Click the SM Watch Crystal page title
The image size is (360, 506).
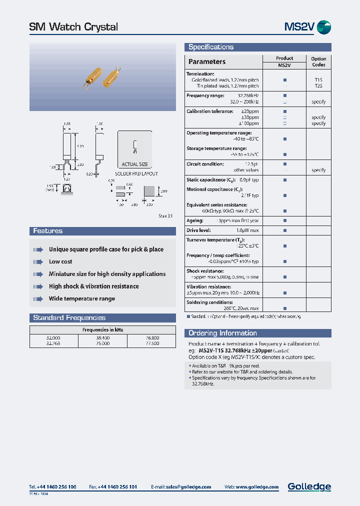tap(74, 27)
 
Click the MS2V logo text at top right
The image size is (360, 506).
tap(299, 27)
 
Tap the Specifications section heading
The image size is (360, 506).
tap(211, 47)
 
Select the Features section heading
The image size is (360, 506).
tap(48, 231)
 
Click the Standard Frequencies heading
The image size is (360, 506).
tap(69, 318)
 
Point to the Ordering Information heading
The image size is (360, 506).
tap(222, 333)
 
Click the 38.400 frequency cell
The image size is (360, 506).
tap(102, 338)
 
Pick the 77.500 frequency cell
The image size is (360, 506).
tap(151, 343)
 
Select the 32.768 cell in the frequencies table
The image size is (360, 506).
tap(54, 343)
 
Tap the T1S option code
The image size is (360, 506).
tap(318, 79)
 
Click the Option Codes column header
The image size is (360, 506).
tap(318, 61)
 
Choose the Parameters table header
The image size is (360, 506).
tap(207, 62)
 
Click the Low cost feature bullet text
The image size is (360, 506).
tap(60, 261)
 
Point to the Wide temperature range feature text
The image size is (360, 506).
tap(82, 298)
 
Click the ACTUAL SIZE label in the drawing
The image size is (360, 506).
tap(135, 164)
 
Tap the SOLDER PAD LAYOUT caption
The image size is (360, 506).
tap(136, 173)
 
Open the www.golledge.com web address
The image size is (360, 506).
tap(258, 487)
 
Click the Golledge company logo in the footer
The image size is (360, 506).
tap(309, 486)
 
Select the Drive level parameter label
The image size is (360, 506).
tap(198, 230)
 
